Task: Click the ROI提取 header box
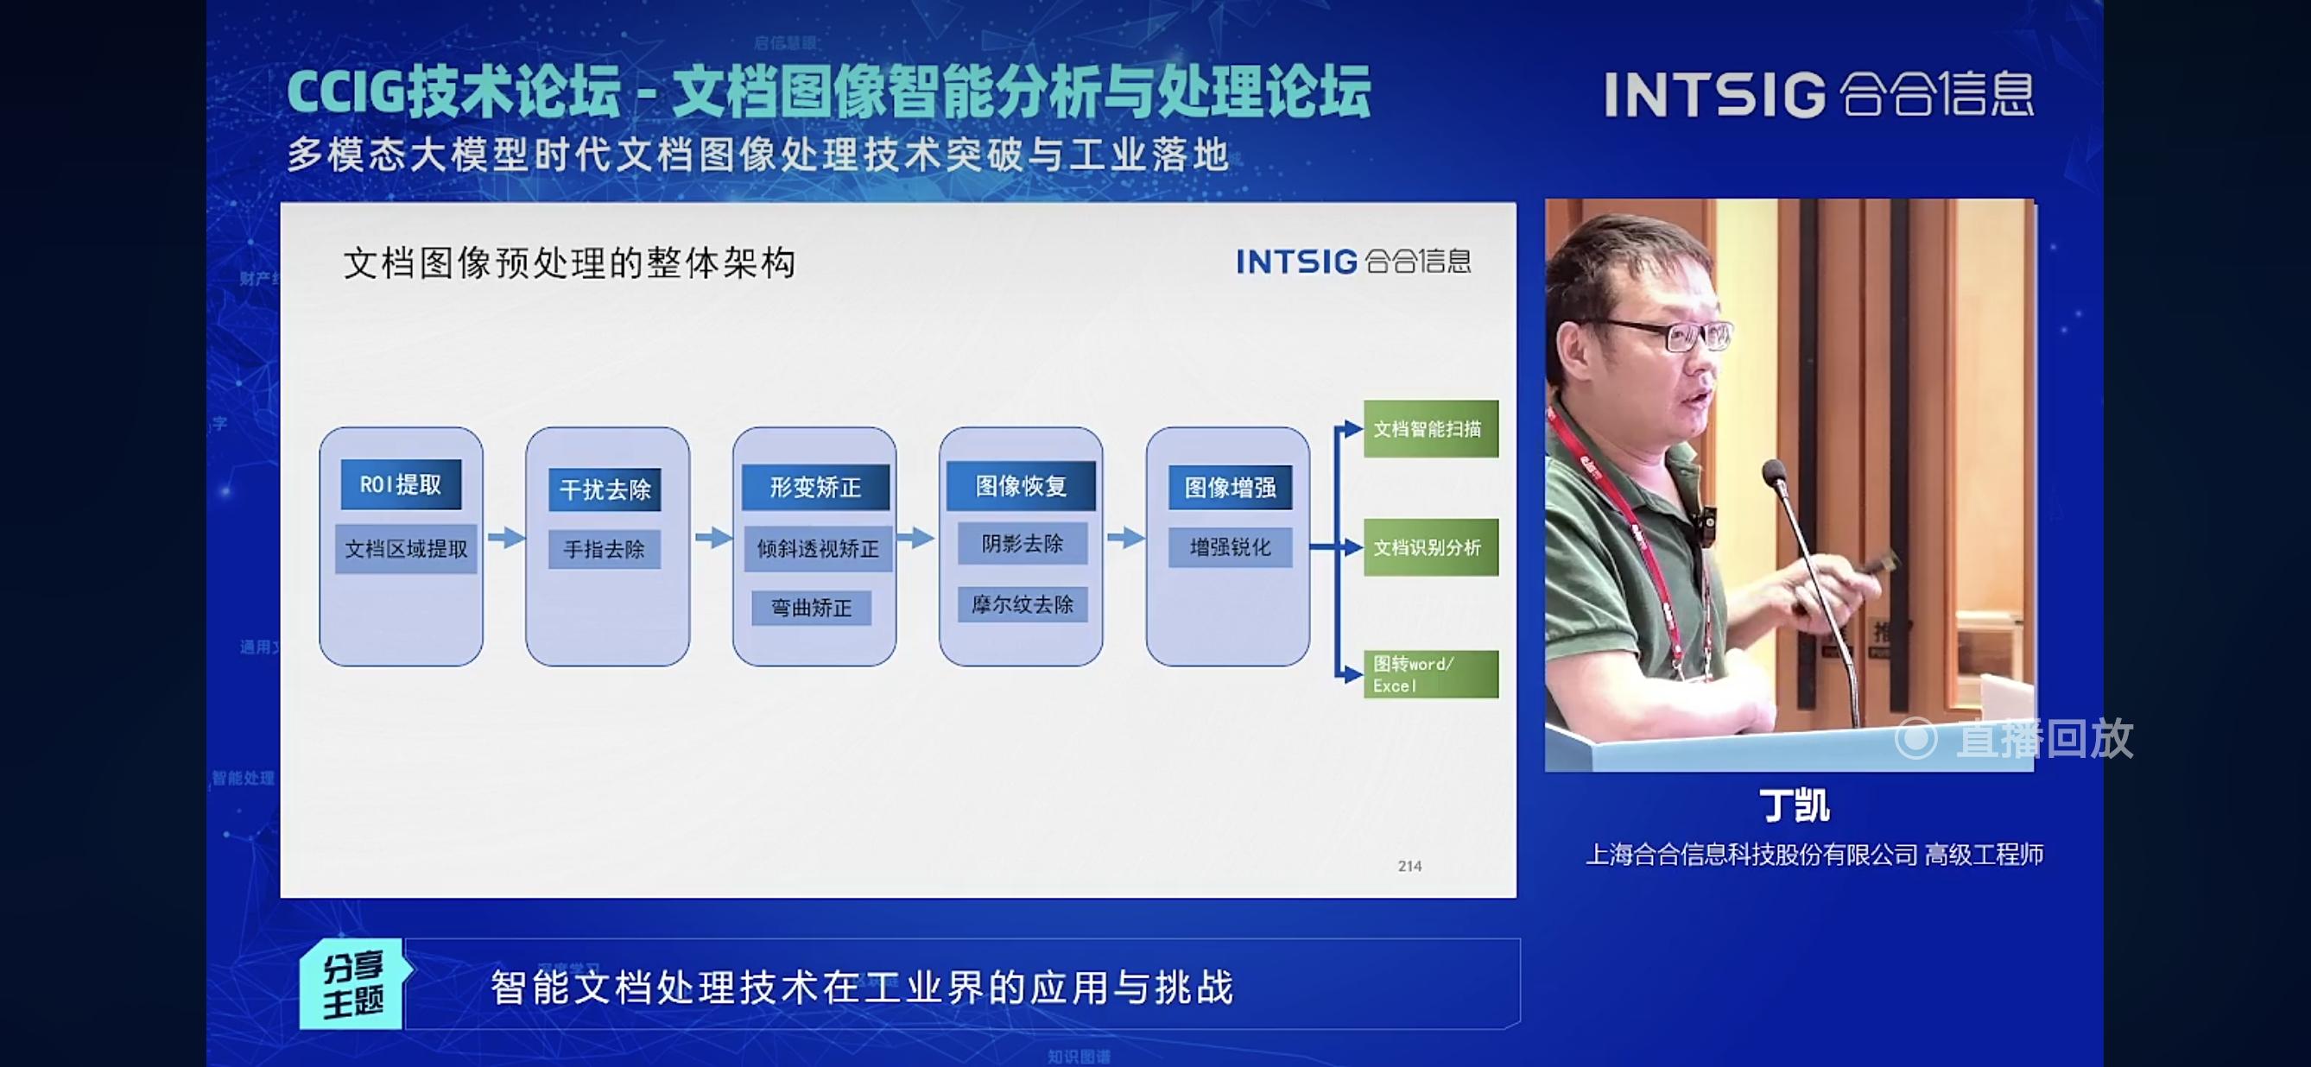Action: click(x=401, y=484)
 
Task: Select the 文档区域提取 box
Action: click(x=406, y=549)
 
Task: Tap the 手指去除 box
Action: click(x=604, y=549)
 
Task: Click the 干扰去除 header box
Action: click(x=605, y=489)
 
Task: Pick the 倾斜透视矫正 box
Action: click(x=817, y=549)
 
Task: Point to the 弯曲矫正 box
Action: click(x=811, y=608)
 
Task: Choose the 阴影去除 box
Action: click(x=1022, y=543)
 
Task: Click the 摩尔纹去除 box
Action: click(x=1022, y=604)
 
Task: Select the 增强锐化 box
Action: click(x=1230, y=547)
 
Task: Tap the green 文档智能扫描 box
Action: click(x=1430, y=428)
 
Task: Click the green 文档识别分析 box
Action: click(x=1430, y=547)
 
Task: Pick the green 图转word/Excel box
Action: click(x=1430, y=674)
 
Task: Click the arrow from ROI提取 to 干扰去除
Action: click(x=506, y=538)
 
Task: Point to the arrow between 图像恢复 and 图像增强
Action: click(x=1125, y=538)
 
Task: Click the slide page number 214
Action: click(x=1409, y=866)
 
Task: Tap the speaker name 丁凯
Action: click(x=1794, y=805)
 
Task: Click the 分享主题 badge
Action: click(x=353, y=984)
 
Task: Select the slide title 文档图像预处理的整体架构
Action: click(x=569, y=263)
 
